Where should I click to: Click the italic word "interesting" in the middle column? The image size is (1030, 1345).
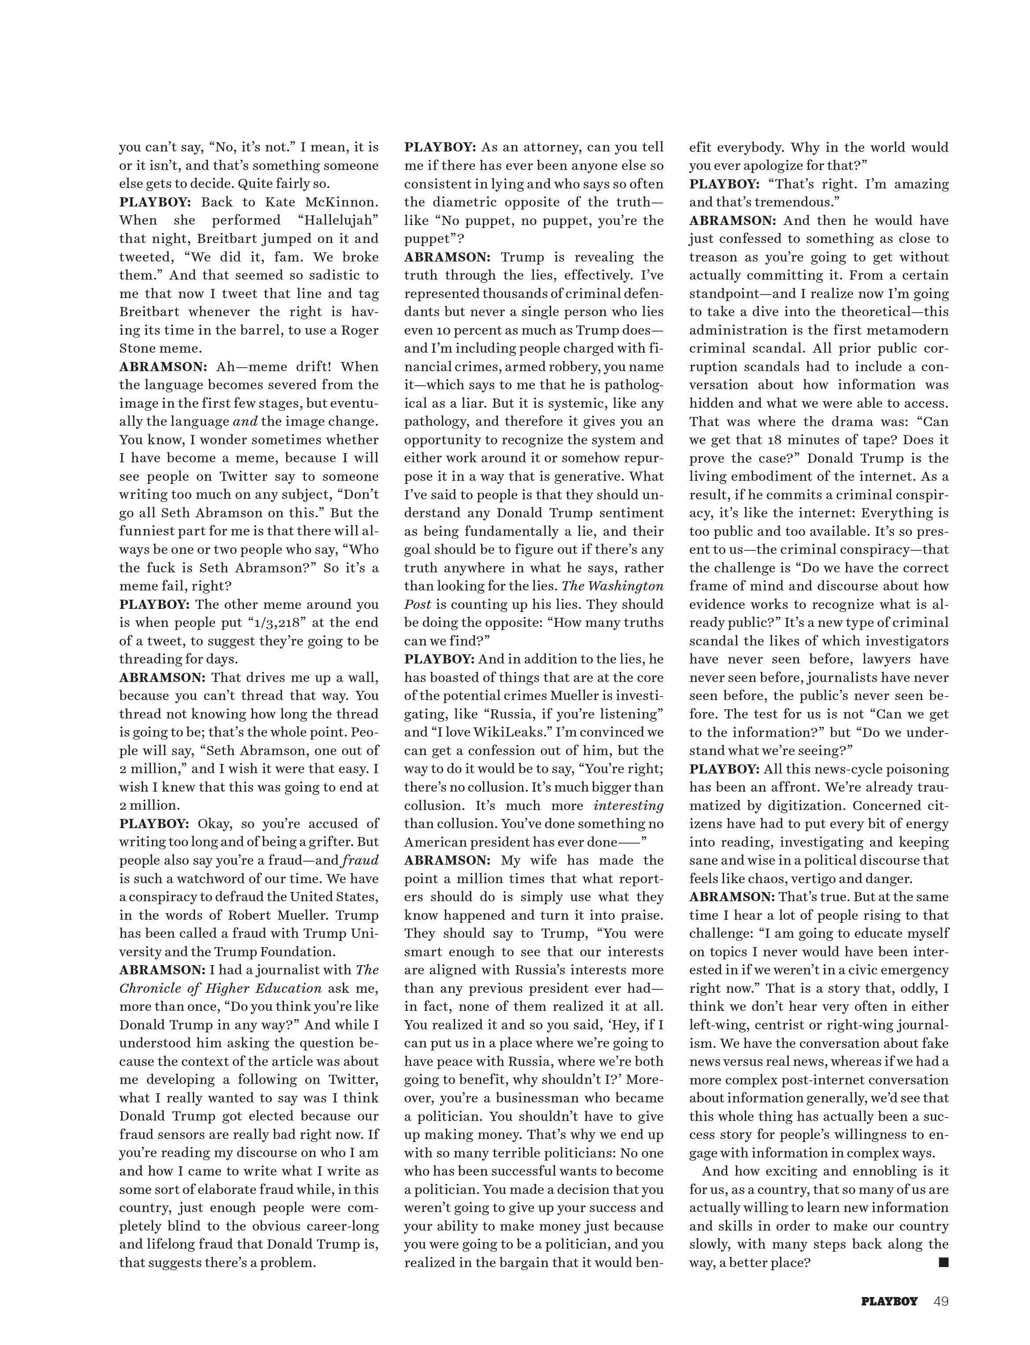(x=629, y=805)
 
